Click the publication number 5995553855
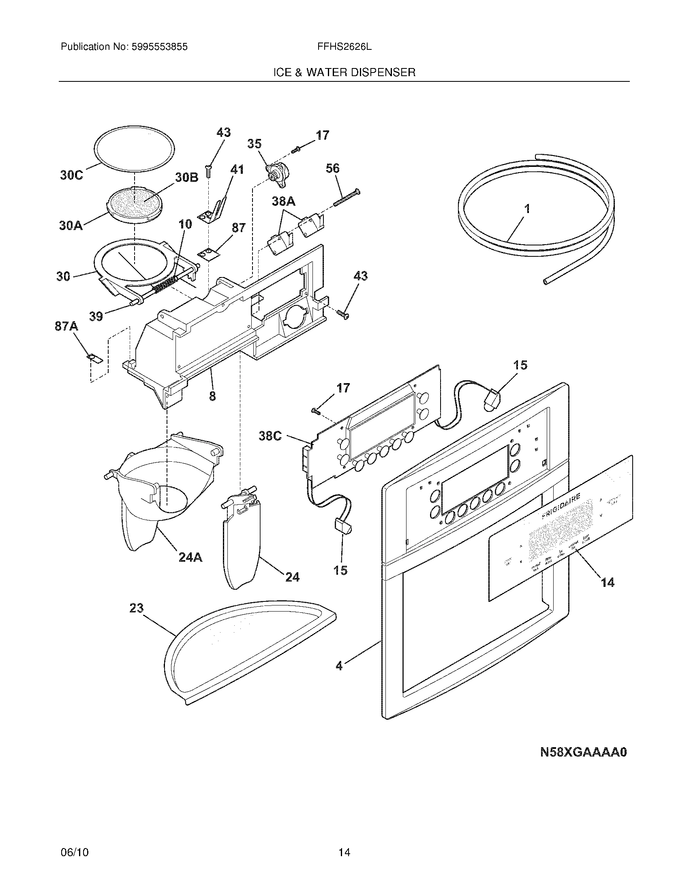pyautogui.click(x=159, y=47)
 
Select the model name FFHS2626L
pyautogui.click(x=344, y=47)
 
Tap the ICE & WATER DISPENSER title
pyautogui.click(x=344, y=72)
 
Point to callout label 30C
pyautogui.click(x=71, y=175)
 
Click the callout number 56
pyautogui.click(x=333, y=168)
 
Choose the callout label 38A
pyautogui.click(x=284, y=201)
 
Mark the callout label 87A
pyautogui.click(x=66, y=326)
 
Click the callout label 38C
pyautogui.click(x=270, y=436)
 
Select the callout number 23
pyautogui.click(x=137, y=619)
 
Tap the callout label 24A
pyautogui.click(x=190, y=557)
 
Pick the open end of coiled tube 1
pyautogui.click(x=546, y=281)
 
